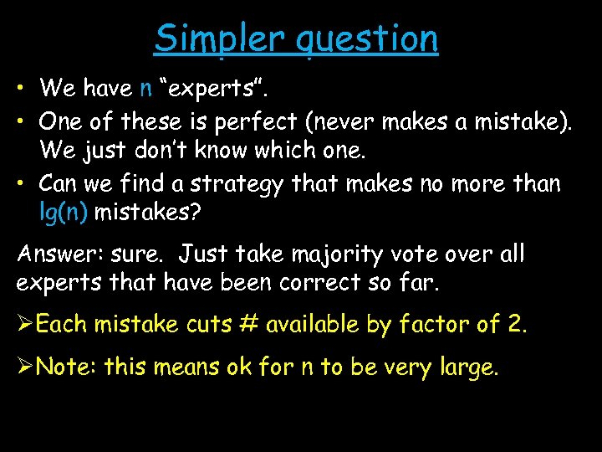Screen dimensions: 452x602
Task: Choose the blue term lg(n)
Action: (x=64, y=213)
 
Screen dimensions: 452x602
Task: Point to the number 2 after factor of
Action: (x=517, y=323)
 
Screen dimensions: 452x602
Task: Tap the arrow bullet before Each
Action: (x=25, y=323)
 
